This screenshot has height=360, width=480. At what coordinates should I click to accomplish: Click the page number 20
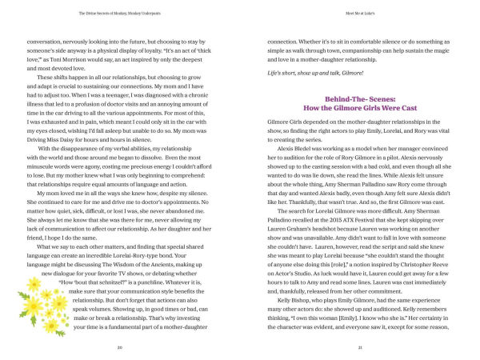coord(118,348)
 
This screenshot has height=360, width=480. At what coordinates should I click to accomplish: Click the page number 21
coord(360,348)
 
